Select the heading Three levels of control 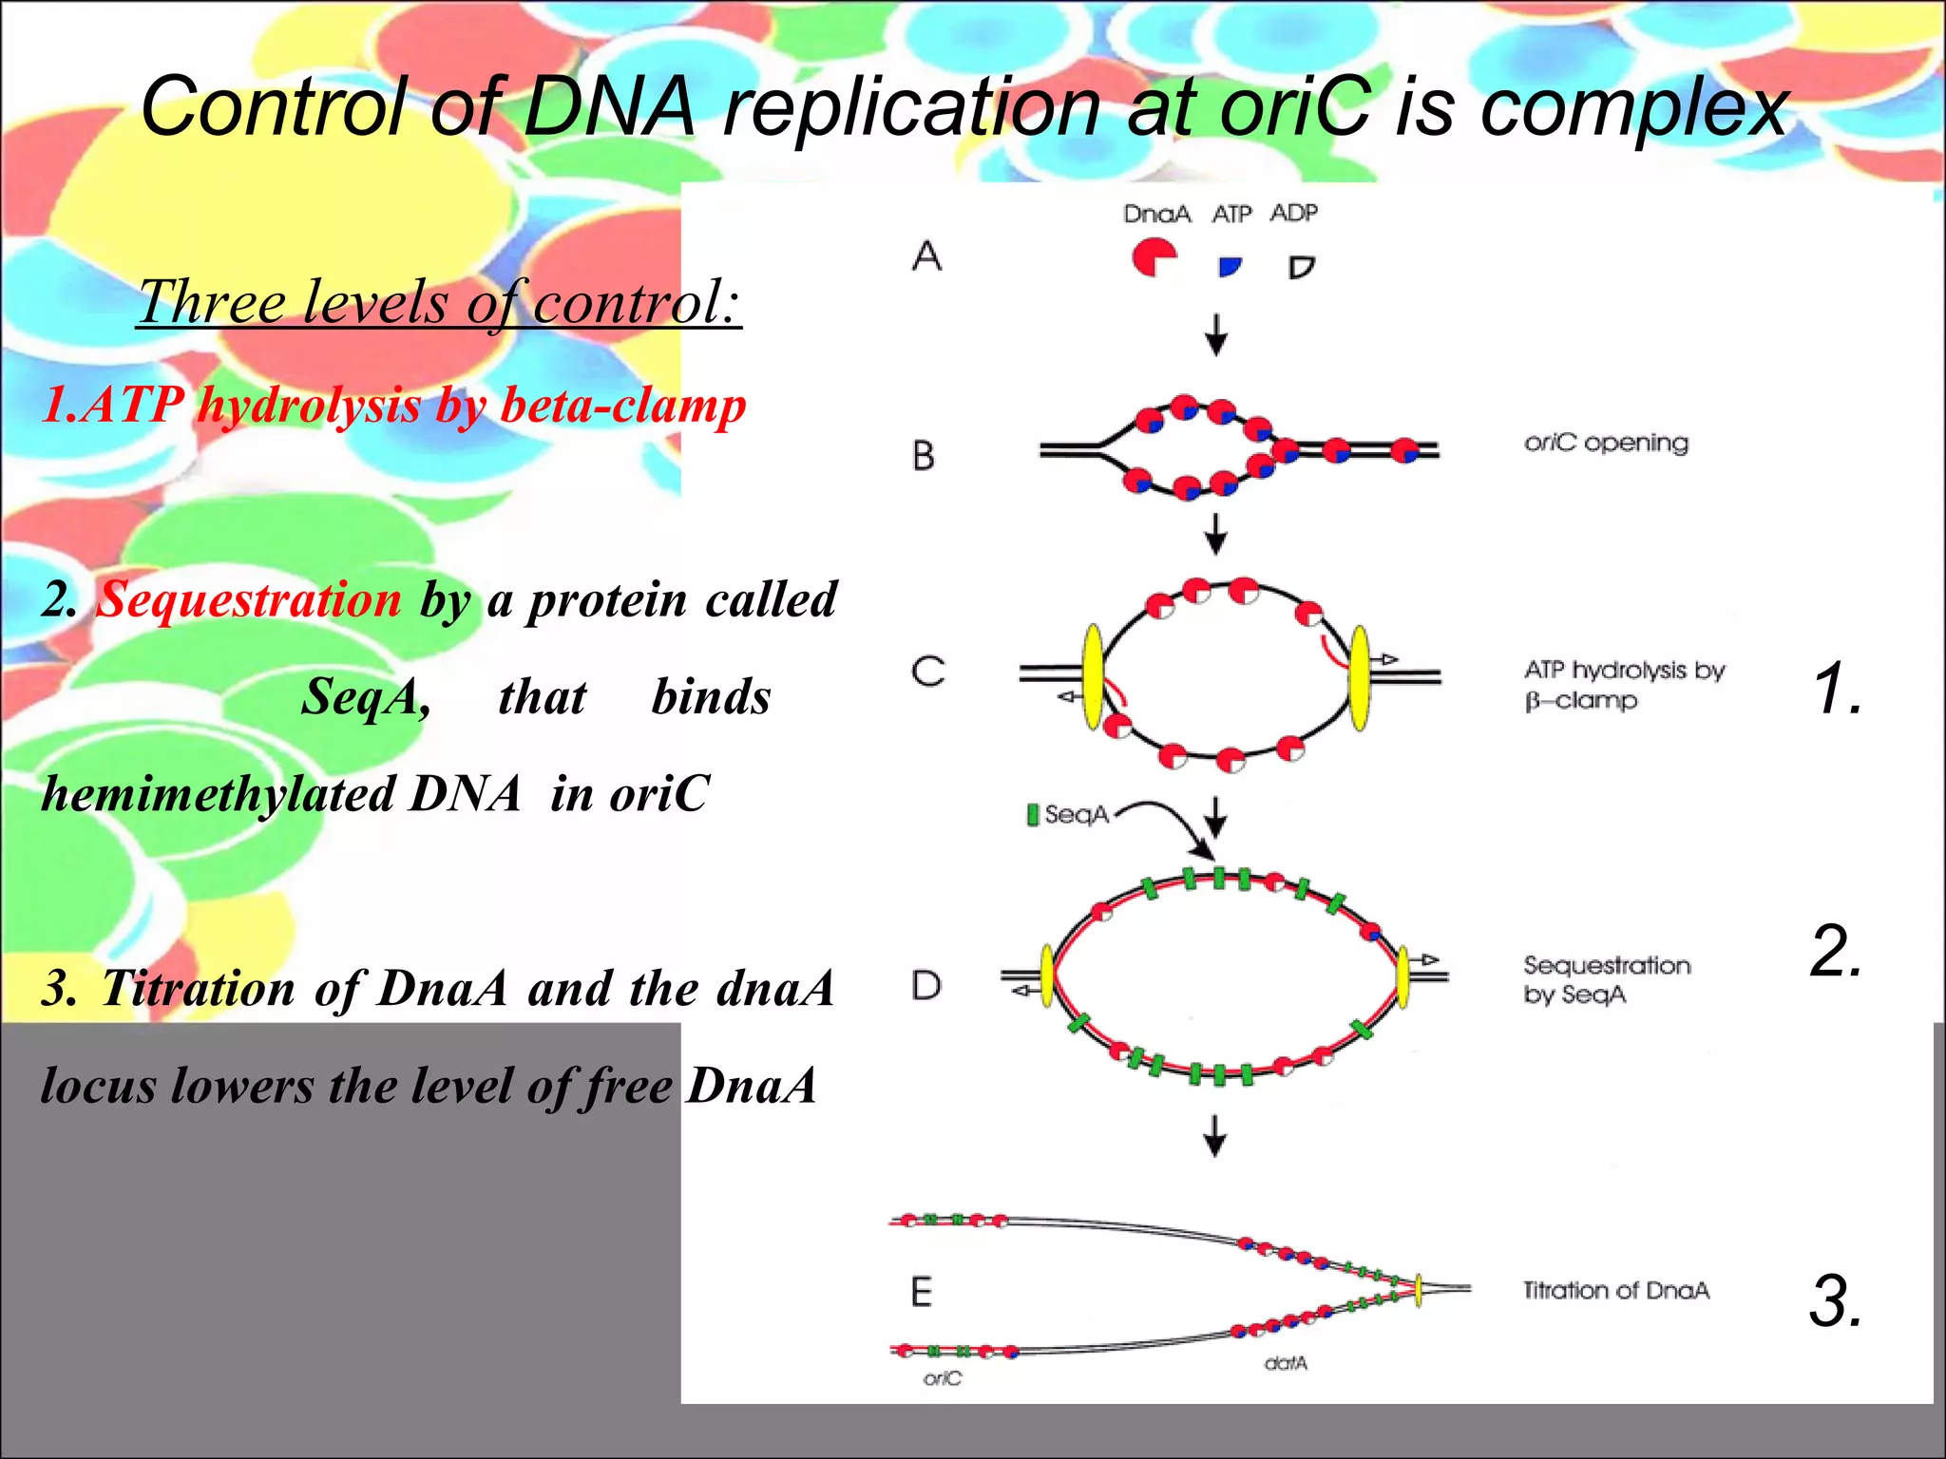(438, 302)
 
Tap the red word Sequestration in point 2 (250, 600)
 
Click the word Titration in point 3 (199, 988)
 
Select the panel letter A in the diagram (926, 256)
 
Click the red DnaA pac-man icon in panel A (1154, 256)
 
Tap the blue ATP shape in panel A (1230, 267)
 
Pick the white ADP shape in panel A (1301, 267)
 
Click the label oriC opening (1606, 443)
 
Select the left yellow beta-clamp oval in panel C (1094, 676)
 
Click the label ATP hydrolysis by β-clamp (1623, 685)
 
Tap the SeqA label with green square (1068, 814)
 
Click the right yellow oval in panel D (1402, 976)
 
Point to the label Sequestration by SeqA (1606, 979)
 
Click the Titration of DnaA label (1615, 1290)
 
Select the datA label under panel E (1286, 1363)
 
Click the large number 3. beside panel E (1835, 1300)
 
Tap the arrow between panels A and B (1215, 333)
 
